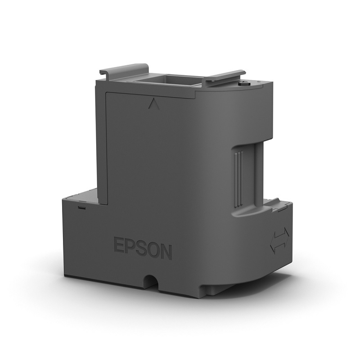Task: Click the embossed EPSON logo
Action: click(x=142, y=248)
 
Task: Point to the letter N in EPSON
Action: click(x=165, y=252)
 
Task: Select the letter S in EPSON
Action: click(x=141, y=248)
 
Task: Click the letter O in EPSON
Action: click(x=153, y=250)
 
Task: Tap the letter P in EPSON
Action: click(x=130, y=247)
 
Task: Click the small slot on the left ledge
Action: click(x=81, y=207)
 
